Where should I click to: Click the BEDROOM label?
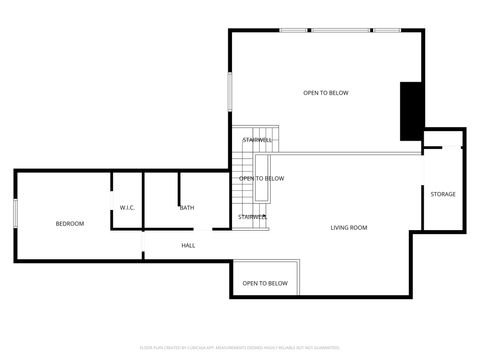(x=70, y=223)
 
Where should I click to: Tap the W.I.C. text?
(x=127, y=208)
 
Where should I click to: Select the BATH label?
(x=187, y=208)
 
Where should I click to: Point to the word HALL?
(x=188, y=245)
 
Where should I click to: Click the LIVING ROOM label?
(x=349, y=228)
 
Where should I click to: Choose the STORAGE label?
(x=443, y=194)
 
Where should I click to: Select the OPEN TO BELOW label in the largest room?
(x=326, y=93)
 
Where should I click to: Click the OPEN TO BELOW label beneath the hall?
(x=265, y=283)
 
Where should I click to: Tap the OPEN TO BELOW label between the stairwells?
(x=261, y=179)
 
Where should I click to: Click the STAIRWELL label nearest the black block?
(x=257, y=140)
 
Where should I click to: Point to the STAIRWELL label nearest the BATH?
(x=252, y=216)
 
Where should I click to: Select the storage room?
(x=443, y=210)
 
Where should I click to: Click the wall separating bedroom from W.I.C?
(x=110, y=200)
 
